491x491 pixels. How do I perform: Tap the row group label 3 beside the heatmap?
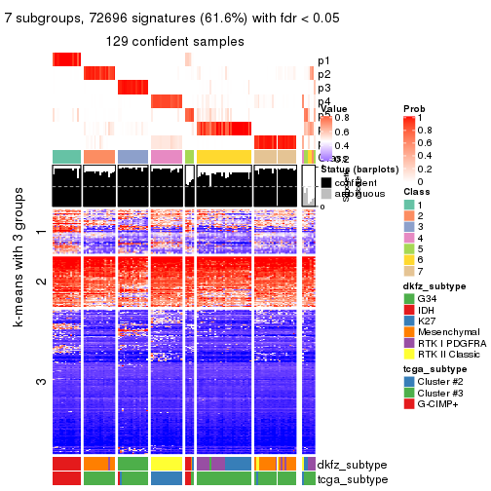(40, 380)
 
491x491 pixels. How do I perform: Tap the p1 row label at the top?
(323, 60)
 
